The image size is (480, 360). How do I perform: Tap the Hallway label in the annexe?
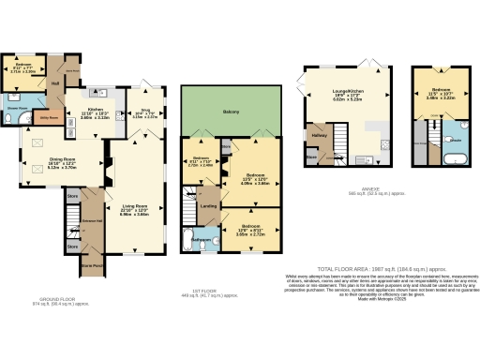pos(316,137)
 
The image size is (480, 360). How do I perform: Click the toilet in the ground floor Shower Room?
pos(10,112)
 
